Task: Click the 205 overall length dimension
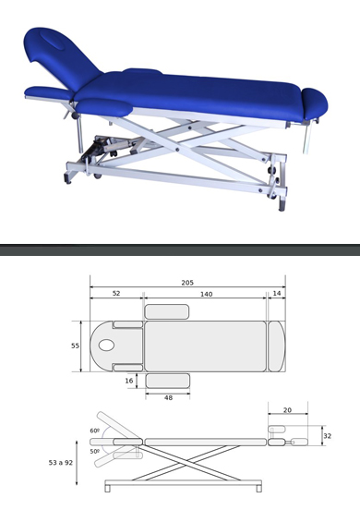187,283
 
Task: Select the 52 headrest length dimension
116,293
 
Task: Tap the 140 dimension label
206,295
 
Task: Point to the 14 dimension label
277,293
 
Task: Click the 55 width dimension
75,346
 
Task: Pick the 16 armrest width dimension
129,381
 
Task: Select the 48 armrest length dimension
168,397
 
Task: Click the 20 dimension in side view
287,410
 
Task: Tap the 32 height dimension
328,436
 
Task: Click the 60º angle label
95,431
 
